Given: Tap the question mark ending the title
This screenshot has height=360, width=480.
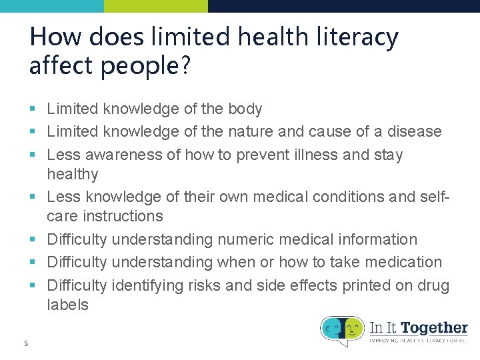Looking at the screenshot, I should [x=185, y=66].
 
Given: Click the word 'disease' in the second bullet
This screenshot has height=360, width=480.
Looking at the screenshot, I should [x=416, y=131].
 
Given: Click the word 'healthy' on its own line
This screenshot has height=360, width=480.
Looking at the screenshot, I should [x=72, y=174].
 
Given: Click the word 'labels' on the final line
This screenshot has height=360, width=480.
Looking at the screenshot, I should [x=67, y=305].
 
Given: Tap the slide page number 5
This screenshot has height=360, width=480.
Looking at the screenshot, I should [x=25, y=343].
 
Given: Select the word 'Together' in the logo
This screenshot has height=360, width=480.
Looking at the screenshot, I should [x=434, y=327].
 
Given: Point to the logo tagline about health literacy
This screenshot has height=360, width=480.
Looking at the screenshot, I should [x=419, y=341].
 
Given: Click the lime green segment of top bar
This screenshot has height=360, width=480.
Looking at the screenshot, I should [x=156, y=6].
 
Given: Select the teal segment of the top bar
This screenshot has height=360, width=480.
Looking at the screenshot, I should [x=52, y=6].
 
